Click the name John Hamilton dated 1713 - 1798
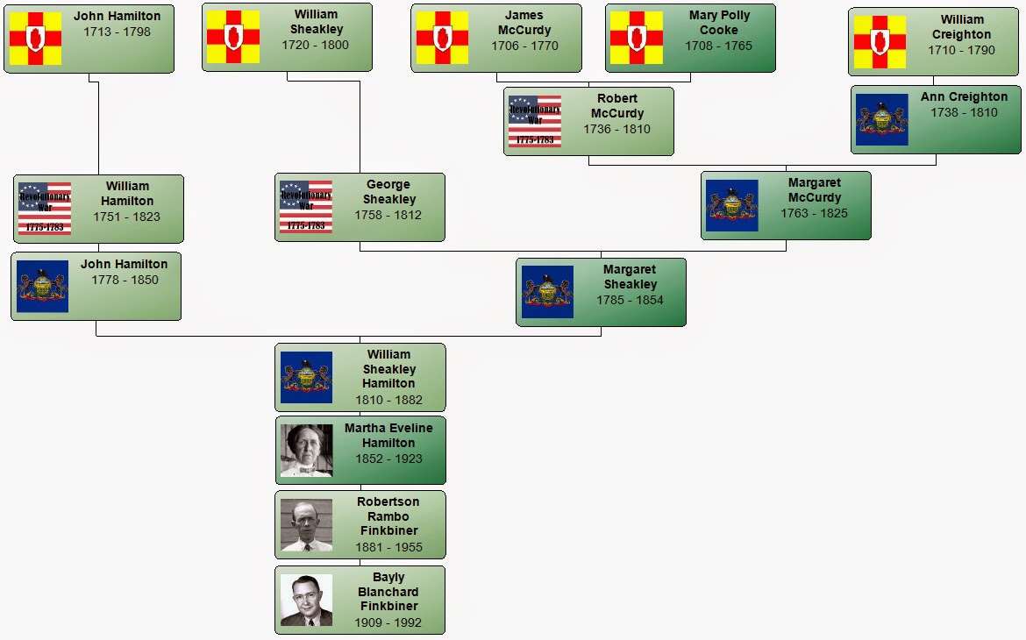point(117,16)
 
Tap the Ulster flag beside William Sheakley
point(233,37)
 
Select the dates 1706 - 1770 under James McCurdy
point(524,46)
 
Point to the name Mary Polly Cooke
point(719,23)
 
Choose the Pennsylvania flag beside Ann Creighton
point(881,119)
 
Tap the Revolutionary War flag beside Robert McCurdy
point(534,121)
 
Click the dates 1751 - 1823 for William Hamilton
point(127,217)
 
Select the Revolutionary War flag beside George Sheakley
point(305,207)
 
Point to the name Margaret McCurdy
point(814,190)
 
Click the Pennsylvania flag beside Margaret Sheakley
point(547,292)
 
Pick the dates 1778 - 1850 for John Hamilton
point(124,280)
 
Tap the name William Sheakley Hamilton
point(388,369)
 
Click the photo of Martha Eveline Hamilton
point(306,451)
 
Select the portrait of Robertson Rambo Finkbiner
point(306,525)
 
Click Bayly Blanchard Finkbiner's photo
point(306,601)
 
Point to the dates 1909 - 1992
point(388,622)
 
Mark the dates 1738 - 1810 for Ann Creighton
point(964,112)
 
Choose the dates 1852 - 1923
point(388,459)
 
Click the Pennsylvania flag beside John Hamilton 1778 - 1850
point(42,286)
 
